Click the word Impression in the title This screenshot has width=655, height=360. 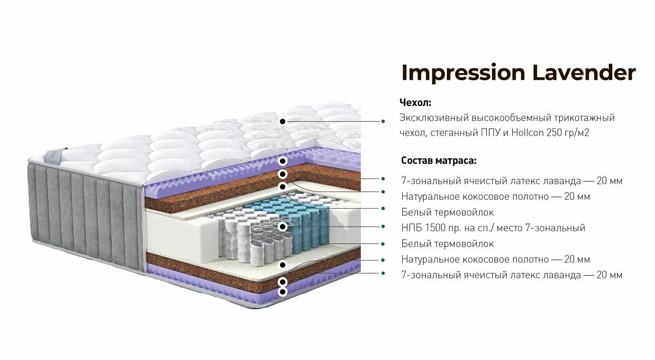[464, 73]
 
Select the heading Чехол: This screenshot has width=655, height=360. [415, 102]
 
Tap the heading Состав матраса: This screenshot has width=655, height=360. [438, 160]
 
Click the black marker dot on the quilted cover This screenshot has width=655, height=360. [283, 121]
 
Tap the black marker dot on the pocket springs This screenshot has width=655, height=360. [283, 226]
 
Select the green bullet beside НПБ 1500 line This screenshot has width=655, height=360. [383, 226]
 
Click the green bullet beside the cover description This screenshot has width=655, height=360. [383, 121]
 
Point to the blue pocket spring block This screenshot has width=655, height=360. [304, 222]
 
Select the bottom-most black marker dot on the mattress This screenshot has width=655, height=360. [283, 291]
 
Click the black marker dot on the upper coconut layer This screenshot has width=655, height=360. [283, 174]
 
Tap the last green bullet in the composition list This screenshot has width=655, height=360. [383, 273]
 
